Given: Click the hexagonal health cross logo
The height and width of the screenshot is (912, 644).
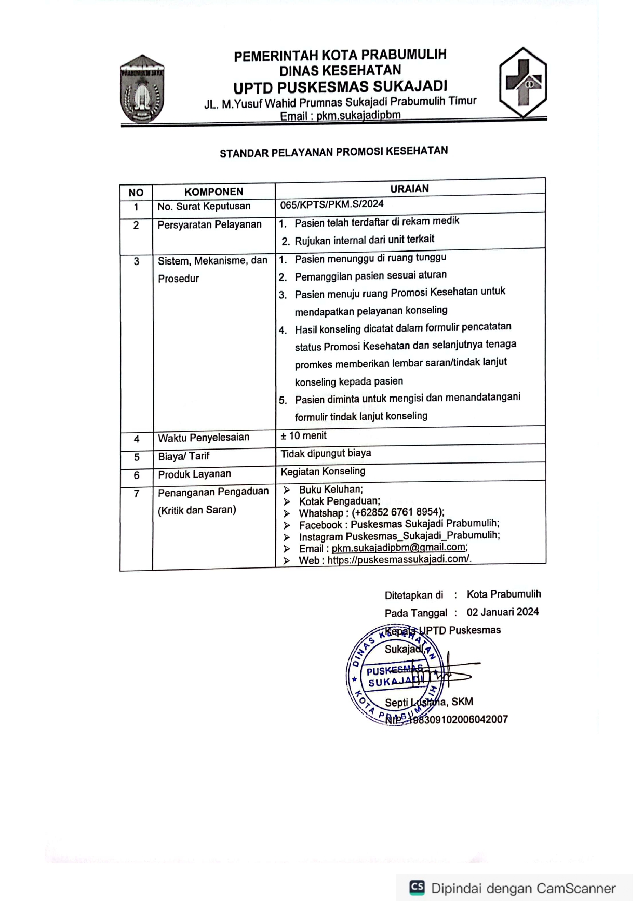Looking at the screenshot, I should [x=522, y=82].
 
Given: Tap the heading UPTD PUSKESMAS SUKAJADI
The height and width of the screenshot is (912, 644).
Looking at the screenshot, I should [x=340, y=87].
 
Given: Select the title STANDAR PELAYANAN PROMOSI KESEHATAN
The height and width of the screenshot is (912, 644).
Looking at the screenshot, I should [x=333, y=152].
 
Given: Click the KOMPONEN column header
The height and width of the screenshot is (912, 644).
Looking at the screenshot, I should [x=213, y=192].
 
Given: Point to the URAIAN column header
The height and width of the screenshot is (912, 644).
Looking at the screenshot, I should [x=409, y=189].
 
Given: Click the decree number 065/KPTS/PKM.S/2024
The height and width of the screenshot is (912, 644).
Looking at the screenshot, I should [x=332, y=204].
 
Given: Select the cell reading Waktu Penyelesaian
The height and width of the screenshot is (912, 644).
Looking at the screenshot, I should [x=204, y=438].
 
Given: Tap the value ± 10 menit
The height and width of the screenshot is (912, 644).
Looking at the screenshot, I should [x=304, y=435].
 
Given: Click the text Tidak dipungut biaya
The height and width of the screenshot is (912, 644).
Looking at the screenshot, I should [x=326, y=453].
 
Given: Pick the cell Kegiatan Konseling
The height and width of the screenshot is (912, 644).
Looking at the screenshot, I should [x=323, y=471].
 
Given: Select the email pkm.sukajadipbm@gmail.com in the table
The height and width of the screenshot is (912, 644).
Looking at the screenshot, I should [x=398, y=547].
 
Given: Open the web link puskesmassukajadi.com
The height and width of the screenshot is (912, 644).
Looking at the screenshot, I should [x=398, y=559].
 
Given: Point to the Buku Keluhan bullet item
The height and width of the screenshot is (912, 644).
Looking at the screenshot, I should [x=330, y=489].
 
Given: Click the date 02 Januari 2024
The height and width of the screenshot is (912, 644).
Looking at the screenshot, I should [x=502, y=612].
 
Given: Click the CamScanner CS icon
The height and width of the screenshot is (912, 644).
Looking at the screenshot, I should [x=417, y=887].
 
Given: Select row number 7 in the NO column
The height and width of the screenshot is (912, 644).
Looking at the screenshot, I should [x=136, y=494].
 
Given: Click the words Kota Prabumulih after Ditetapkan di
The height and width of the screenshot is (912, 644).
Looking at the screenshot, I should [x=503, y=594].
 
